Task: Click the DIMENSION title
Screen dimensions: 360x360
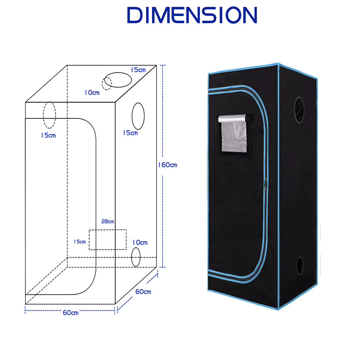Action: pyautogui.click(x=192, y=15)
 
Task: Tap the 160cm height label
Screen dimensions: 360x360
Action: pyautogui.click(x=168, y=165)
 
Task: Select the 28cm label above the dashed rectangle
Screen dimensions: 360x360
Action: pyautogui.click(x=108, y=221)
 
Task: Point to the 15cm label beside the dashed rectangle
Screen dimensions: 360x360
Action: pyautogui.click(x=80, y=242)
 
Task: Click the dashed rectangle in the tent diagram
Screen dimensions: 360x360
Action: pyautogui.click(x=108, y=230)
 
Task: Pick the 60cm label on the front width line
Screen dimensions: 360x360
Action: pyautogui.click(x=70, y=312)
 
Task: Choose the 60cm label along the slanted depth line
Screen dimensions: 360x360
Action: pyautogui.click(x=143, y=292)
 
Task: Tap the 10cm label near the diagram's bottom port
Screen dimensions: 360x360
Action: pyautogui.click(x=140, y=242)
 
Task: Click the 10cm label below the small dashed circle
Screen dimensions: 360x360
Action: pyautogui.click(x=92, y=92)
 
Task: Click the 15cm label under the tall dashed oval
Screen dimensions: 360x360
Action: pyautogui.click(x=48, y=135)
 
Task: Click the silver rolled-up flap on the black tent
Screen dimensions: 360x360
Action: pyautogui.click(x=233, y=119)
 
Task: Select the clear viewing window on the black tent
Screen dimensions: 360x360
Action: pyautogui.click(x=234, y=137)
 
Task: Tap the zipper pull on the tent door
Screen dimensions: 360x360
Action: pyautogui.click(x=266, y=186)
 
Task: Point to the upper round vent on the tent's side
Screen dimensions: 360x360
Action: pyautogui.click(x=299, y=110)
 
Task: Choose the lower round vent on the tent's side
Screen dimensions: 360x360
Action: pyautogui.click(x=300, y=266)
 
